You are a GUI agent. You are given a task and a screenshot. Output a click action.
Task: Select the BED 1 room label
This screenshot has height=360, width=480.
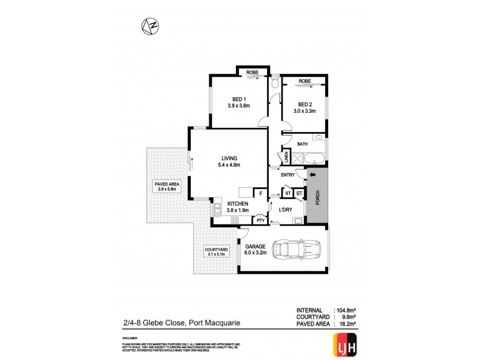[238, 99]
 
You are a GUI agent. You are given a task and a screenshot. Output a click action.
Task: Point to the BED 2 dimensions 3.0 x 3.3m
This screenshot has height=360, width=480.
[304, 110]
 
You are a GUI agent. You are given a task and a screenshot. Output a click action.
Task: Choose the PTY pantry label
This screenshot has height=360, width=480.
[260, 220]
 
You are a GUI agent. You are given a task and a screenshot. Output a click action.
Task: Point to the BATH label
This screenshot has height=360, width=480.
[303, 144]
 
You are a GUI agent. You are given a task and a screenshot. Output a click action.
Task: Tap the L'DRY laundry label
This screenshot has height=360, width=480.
[285, 209]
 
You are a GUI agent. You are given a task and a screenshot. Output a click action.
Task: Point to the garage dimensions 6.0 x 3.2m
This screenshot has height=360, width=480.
[255, 252]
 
